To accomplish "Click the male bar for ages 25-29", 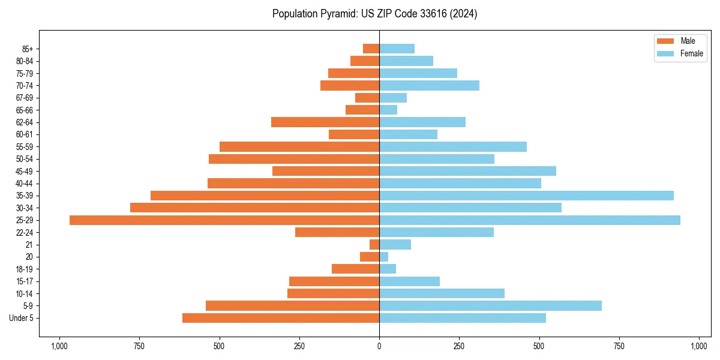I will click(224, 220).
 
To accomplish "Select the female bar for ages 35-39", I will click(526, 196).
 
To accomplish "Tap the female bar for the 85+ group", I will click(397, 49).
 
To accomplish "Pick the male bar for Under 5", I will click(281, 318).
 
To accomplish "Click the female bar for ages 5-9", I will click(490, 306).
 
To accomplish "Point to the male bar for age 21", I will click(374, 245).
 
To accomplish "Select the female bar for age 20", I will click(383, 257).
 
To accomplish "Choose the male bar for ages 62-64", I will click(325, 122).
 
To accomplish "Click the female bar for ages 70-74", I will click(429, 86).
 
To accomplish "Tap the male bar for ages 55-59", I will click(299, 147).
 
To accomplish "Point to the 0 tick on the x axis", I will click(379, 346).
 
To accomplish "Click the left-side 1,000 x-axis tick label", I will click(59, 346).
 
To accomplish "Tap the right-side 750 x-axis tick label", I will click(619, 346).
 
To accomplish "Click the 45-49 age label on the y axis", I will click(25, 172).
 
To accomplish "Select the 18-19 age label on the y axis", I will click(25, 269).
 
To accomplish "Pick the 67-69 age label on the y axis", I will click(25, 98).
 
